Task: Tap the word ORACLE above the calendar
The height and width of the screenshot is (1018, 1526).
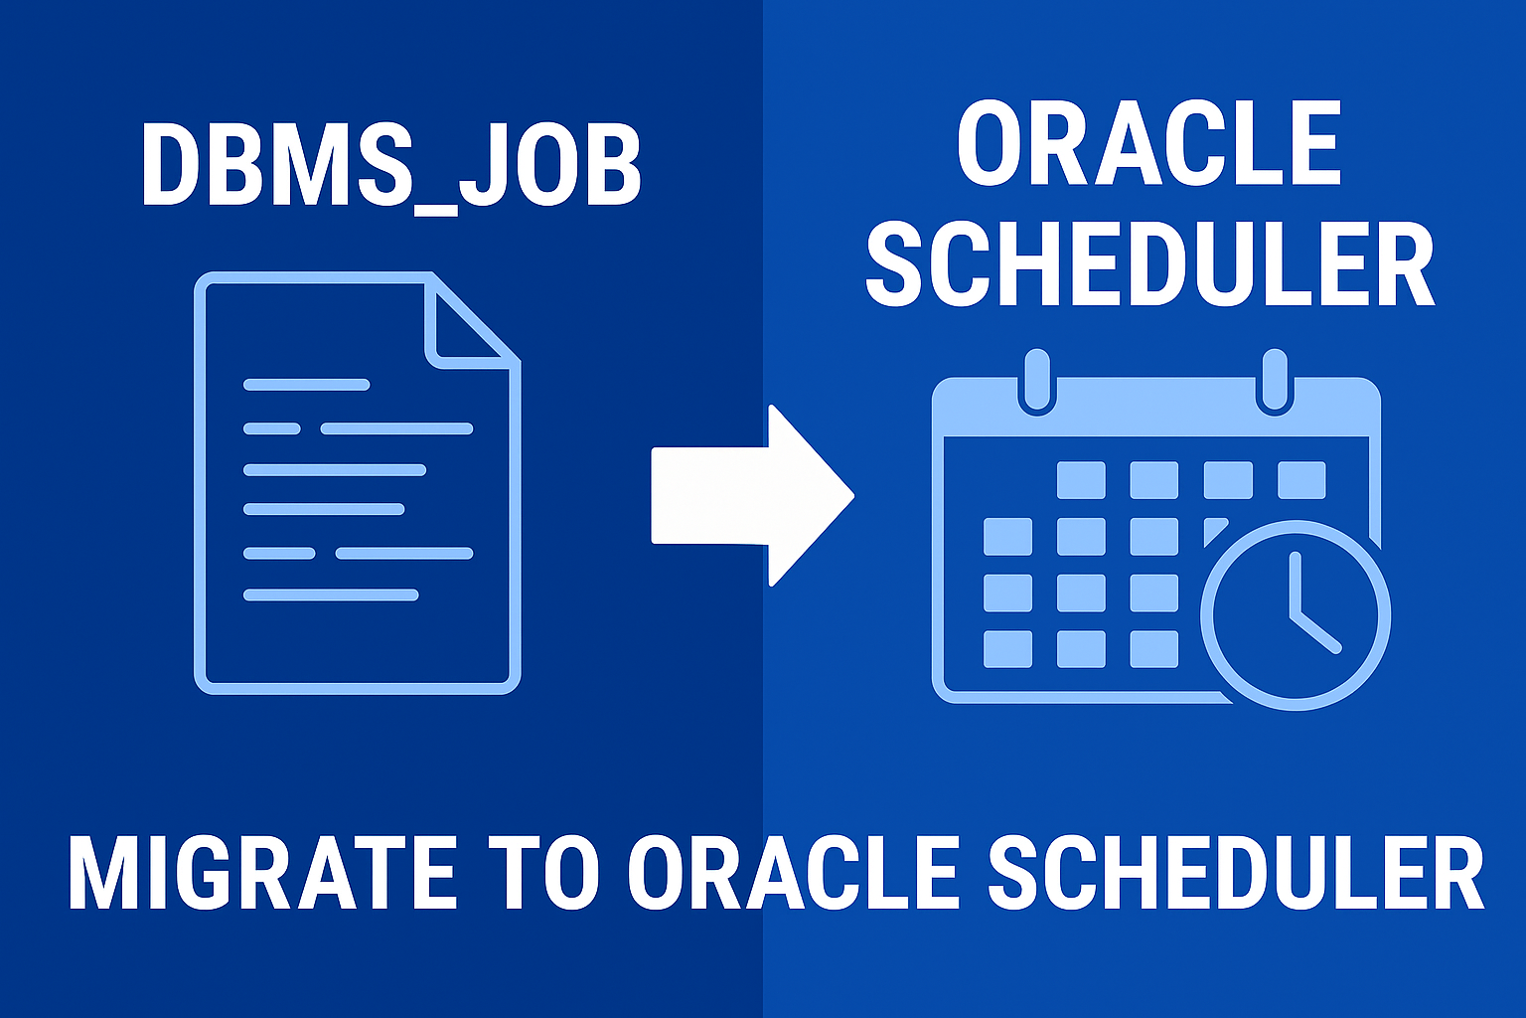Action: (x=1149, y=144)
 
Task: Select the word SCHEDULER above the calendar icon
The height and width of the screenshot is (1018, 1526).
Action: (x=1149, y=264)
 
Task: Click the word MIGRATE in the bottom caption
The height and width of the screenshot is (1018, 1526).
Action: (x=262, y=874)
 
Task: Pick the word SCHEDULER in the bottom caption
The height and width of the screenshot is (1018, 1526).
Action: (x=1236, y=874)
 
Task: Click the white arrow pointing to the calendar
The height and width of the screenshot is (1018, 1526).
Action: (x=753, y=496)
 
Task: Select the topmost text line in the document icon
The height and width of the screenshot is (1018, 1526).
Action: (x=307, y=385)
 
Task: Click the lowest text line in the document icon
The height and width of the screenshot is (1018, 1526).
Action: (x=331, y=595)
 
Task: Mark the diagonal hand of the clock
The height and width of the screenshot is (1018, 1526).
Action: (x=1315, y=633)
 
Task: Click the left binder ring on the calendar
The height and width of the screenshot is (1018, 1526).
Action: (x=1037, y=382)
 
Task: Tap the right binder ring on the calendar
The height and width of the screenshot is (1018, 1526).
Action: (x=1275, y=382)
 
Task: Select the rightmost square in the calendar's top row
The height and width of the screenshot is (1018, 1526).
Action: (x=1301, y=480)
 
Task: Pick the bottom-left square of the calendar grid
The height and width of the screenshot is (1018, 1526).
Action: (x=1008, y=649)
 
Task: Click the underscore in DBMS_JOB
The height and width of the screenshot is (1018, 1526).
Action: (x=435, y=212)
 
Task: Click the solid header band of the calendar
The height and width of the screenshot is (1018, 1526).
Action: (x=1156, y=407)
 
